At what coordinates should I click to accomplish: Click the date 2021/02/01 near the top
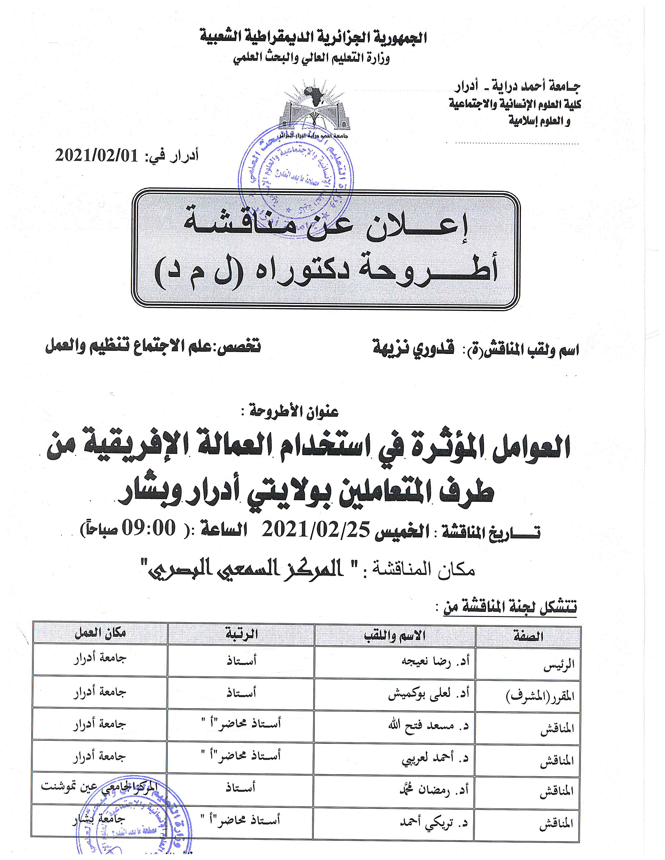(96, 156)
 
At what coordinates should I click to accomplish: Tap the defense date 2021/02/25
(315, 530)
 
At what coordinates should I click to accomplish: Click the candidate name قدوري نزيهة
(413, 348)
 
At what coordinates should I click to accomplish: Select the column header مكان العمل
(100, 633)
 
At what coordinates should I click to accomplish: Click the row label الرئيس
(559, 666)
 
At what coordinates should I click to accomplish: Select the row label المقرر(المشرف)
(540, 697)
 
